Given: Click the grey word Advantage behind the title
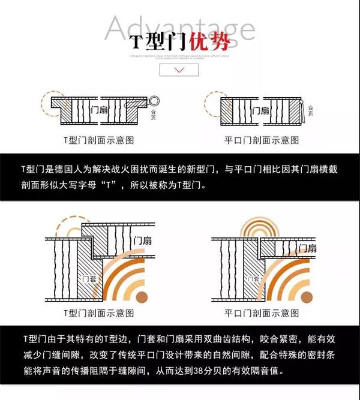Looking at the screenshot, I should [179, 30].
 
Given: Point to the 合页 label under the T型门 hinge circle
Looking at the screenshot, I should [155, 114].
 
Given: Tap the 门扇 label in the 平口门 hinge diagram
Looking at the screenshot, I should [260, 110].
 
